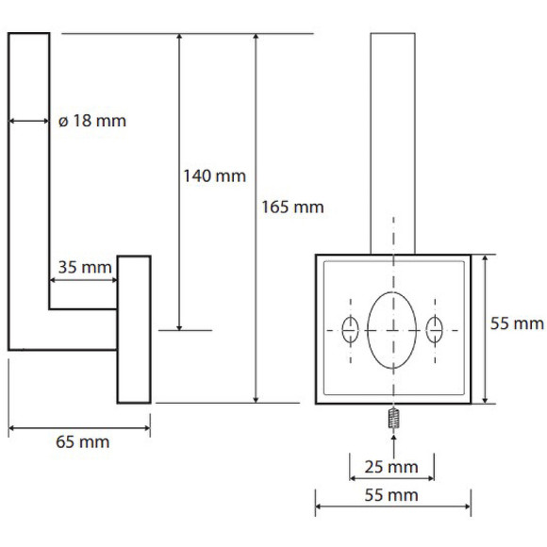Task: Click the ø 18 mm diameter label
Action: coord(92,121)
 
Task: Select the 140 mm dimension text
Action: coord(214,175)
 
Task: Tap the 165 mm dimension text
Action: coord(292,207)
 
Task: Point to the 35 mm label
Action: coord(85,268)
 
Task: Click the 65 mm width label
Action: coord(83,442)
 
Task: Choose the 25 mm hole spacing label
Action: coord(391,467)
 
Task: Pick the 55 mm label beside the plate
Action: coord(517,323)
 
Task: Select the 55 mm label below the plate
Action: coord(391,495)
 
